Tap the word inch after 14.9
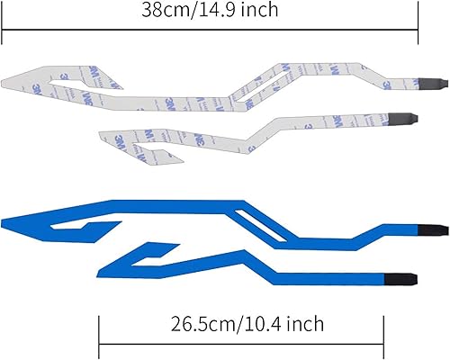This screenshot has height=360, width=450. tap(262, 12)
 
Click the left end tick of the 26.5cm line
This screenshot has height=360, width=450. tap(99, 343)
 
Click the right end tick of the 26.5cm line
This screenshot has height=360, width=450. tap(383, 343)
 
